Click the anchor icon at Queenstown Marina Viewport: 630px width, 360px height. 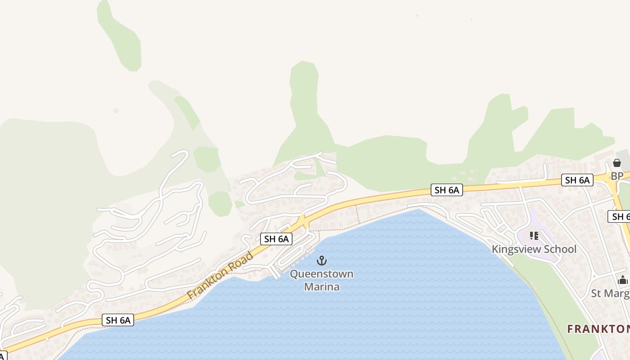pyautogui.click(x=321, y=261)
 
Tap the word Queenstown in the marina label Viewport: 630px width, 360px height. pyautogui.click(x=321, y=274)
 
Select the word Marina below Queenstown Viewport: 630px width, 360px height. pyautogui.click(x=321, y=286)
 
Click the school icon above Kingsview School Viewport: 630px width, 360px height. pyautogui.click(x=534, y=236)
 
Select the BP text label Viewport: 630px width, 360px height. pyautogui.click(x=617, y=176)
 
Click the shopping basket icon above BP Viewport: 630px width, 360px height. pyautogui.click(x=617, y=163)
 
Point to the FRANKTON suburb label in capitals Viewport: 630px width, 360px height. pyautogui.click(x=598, y=329)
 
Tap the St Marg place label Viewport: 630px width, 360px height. pyautogui.click(x=610, y=293)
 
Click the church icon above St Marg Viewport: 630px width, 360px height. pyautogui.click(x=623, y=280)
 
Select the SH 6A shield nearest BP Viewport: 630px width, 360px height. pyautogui.click(x=577, y=180)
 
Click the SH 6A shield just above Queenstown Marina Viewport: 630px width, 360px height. pyautogui.click(x=276, y=239)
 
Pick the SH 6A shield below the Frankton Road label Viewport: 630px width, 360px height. pyautogui.click(x=118, y=320)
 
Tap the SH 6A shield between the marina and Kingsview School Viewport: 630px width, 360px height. pyautogui.click(x=446, y=190)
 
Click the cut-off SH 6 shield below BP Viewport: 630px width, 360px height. pyautogui.click(x=619, y=216)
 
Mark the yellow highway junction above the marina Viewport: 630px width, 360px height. pyautogui.click(x=303, y=221)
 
